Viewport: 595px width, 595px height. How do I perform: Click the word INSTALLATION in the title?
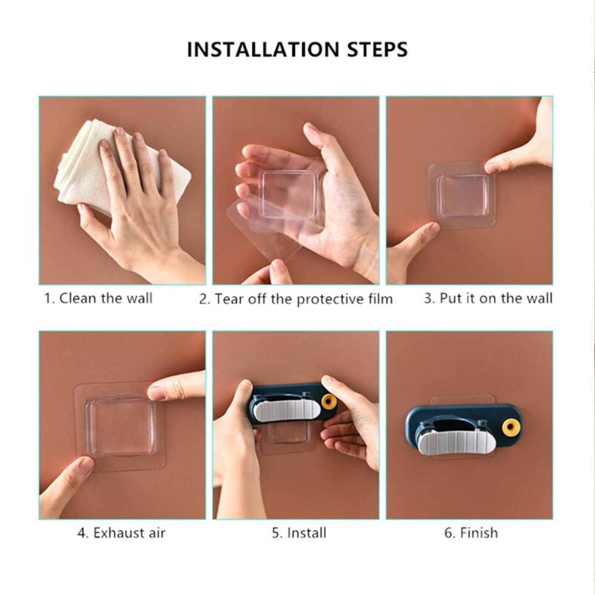[263, 50]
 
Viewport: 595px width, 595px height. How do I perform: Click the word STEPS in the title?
[377, 50]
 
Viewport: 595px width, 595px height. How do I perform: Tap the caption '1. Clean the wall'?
[98, 298]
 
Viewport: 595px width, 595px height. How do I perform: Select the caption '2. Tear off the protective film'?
[296, 299]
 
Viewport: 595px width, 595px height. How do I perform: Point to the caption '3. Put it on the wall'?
[488, 298]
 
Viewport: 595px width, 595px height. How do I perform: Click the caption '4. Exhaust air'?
[121, 533]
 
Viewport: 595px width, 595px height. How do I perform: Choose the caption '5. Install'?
[299, 533]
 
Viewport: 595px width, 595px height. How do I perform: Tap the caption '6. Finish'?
[471, 533]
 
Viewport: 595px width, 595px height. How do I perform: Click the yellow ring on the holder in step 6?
[510, 426]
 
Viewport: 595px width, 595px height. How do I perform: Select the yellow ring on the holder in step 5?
[328, 402]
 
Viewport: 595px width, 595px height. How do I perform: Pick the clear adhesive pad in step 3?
[462, 195]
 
